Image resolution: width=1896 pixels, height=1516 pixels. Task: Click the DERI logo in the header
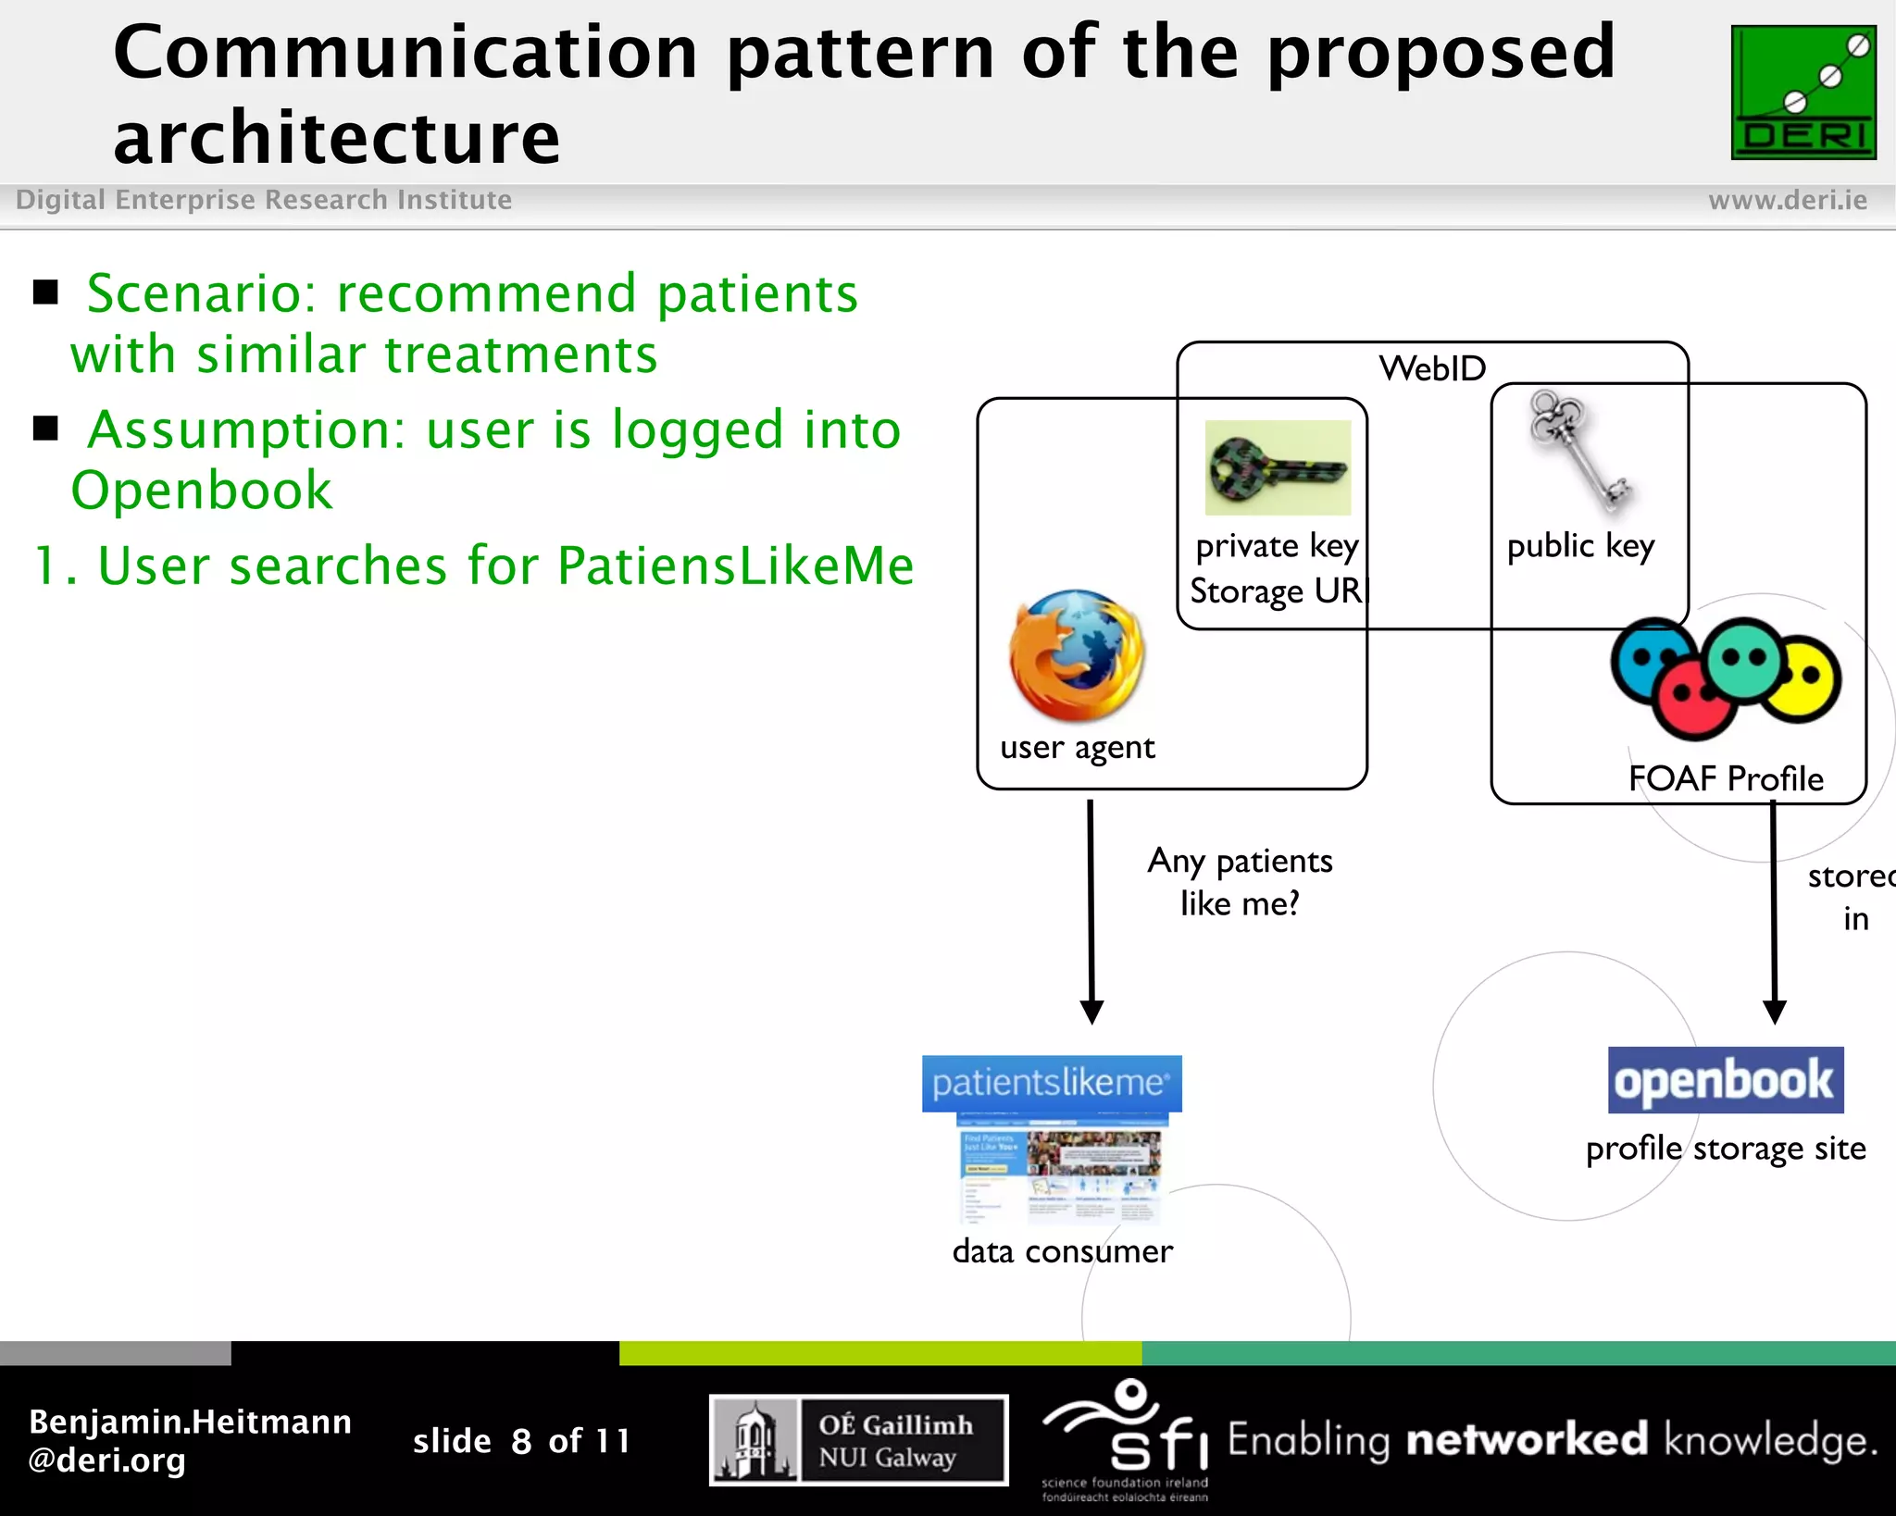(1803, 93)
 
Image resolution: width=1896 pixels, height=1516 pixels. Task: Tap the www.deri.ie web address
(1787, 200)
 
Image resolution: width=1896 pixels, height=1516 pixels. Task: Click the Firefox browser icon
(1078, 656)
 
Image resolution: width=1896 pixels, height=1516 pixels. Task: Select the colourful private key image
(1278, 468)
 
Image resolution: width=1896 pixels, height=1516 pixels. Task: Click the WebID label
(1432, 368)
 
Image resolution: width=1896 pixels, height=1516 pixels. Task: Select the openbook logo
(1726, 1080)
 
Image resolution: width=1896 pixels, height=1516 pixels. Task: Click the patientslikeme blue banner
(1052, 1083)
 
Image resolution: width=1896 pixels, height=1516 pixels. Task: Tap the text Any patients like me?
(1240, 882)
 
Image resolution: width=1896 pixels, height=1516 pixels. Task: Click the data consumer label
(1062, 1251)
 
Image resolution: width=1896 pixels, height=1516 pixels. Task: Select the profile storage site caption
(1726, 1149)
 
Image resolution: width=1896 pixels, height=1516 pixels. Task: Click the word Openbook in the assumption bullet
(202, 491)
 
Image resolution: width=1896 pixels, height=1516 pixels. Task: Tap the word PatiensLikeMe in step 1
(735, 565)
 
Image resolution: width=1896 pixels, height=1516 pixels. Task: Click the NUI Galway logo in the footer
(858, 1440)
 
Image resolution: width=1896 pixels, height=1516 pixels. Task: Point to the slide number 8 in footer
(521, 1441)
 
